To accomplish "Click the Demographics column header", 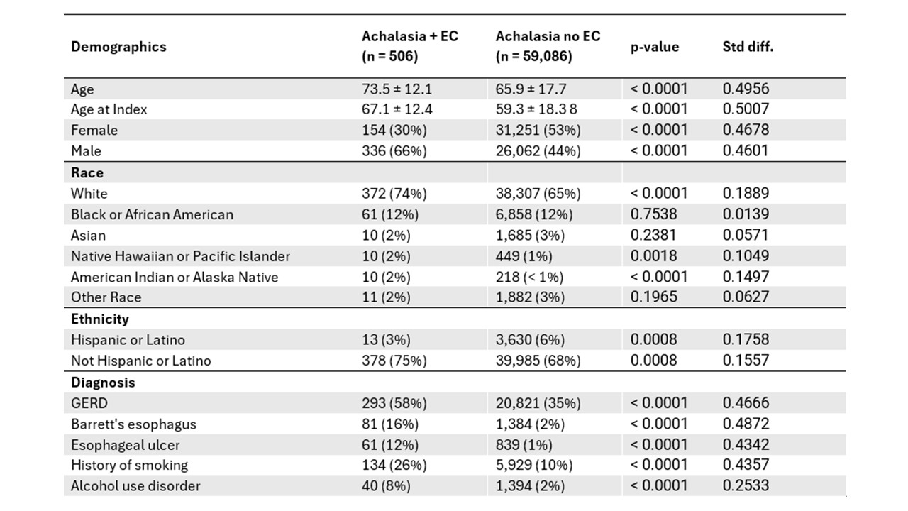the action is click(118, 47).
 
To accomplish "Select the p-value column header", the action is click(655, 47).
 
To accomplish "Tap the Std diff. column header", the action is click(748, 47).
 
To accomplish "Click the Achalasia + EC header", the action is click(410, 46).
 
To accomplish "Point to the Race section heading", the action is click(87, 172).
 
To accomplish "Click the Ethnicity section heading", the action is click(100, 319).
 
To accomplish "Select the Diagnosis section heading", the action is click(103, 382).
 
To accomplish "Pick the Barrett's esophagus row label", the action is click(133, 424).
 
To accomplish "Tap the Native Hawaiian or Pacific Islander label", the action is click(180, 256).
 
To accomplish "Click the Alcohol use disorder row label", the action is click(135, 486).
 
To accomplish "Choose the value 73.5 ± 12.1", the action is click(397, 89).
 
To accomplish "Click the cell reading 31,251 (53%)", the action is click(538, 130).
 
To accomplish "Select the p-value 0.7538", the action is click(653, 214).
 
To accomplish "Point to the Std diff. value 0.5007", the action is click(746, 109).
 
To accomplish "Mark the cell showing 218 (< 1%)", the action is click(529, 277).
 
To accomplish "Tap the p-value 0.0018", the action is click(653, 256).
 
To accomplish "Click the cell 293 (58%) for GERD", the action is click(394, 403).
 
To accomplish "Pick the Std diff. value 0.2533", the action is click(746, 485).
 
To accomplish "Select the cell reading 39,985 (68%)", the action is click(538, 361).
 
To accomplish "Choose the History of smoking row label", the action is click(129, 465).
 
